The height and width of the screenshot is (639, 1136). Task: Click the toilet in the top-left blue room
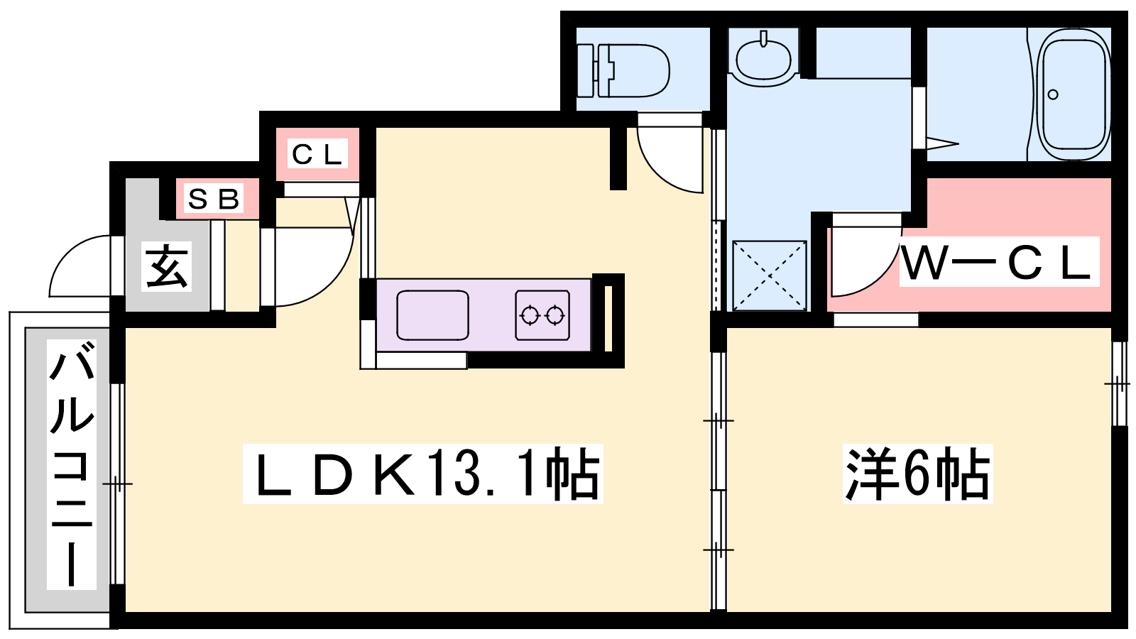click(x=623, y=70)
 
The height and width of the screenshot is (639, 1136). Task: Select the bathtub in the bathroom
click(x=1074, y=94)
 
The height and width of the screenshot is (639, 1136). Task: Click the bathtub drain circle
click(x=1053, y=94)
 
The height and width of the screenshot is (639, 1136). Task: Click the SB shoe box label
click(x=213, y=199)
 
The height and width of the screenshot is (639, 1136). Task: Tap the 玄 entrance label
click(x=166, y=266)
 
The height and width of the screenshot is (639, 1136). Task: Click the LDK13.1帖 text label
click(x=423, y=474)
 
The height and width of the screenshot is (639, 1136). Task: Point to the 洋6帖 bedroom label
click(x=917, y=474)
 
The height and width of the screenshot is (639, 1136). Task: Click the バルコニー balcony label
click(x=72, y=464)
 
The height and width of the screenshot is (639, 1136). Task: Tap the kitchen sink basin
click(x=432, y=315)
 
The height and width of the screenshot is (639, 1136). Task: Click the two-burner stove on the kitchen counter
click(x=542, y=315)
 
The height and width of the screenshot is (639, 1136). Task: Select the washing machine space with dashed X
click(x=770, y=275)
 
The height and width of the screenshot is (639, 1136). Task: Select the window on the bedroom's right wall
click(x=1119, y=384)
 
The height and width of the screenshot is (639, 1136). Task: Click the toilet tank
click(x=585, y=70)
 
